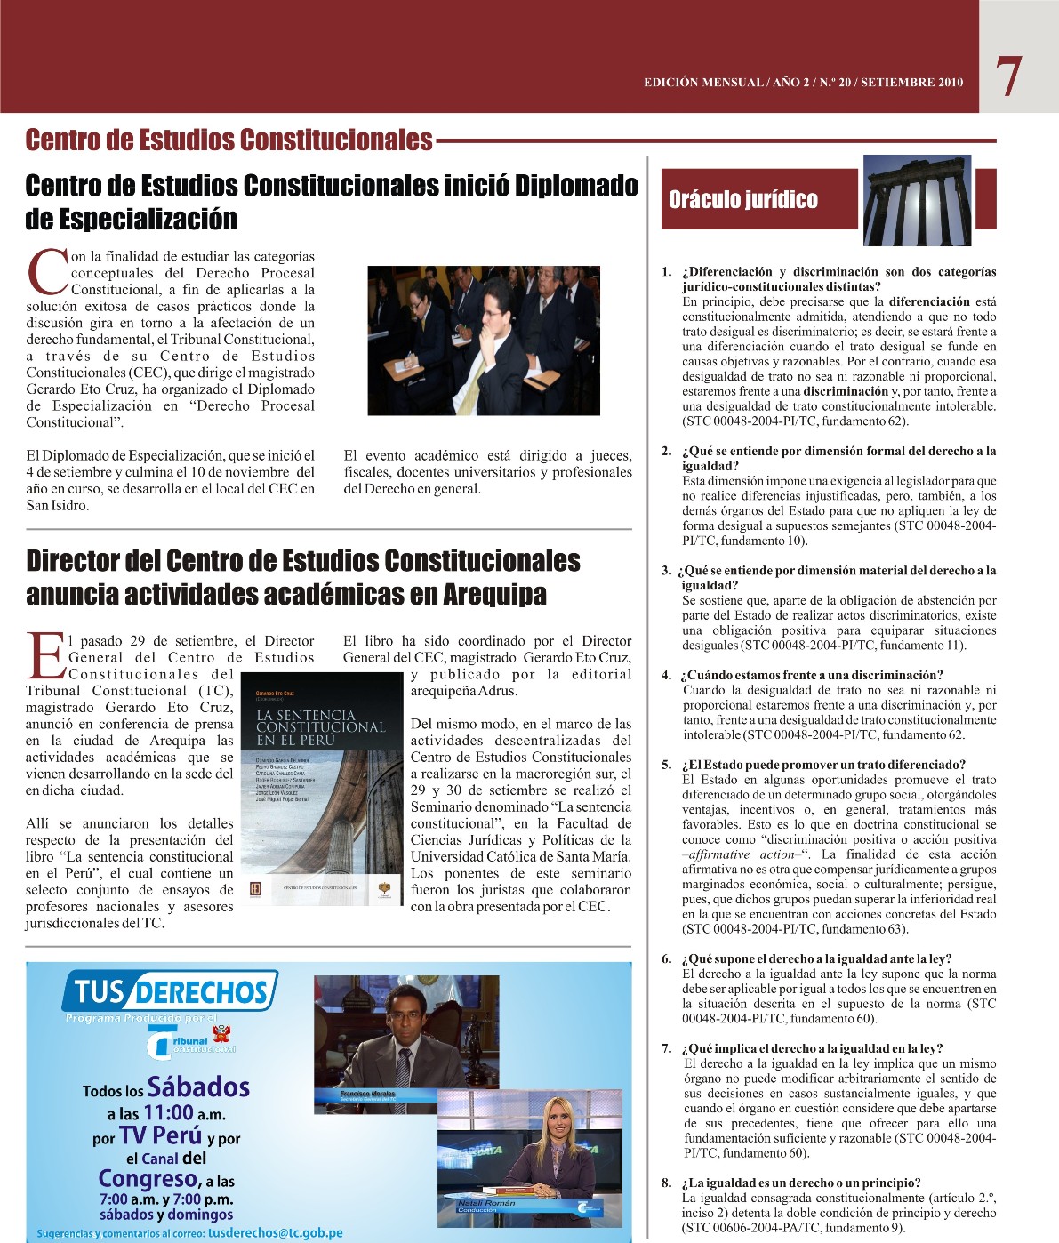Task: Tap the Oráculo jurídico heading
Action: [743, 199]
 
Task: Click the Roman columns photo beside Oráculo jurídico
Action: [917, 200]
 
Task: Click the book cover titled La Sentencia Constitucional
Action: [323, 787]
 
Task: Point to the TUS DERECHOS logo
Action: [170, 991]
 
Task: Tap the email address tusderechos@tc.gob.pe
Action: [275, 1232]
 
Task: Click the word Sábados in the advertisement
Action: [198, 1087]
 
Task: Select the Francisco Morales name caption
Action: [367, 1094]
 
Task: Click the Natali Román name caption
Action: [486, 1204]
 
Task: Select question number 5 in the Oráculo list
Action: [666, 765]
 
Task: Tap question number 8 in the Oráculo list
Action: [666, 1183]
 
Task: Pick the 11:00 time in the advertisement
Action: [168, 1112]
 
